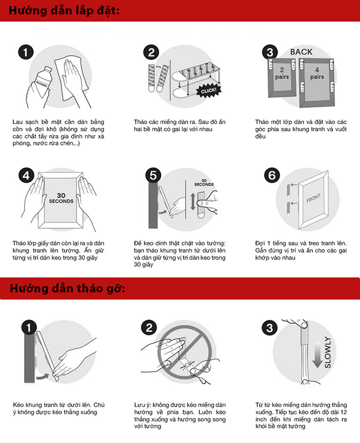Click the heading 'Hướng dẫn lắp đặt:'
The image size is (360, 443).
click(x=64, y=11)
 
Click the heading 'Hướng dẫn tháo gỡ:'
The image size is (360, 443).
click(x=67, y=289)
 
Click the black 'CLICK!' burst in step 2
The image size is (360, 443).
click(x=209, y=91)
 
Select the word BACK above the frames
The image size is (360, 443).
click(x=301, y=52)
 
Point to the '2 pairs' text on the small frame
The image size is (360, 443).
click(x=282, y=73)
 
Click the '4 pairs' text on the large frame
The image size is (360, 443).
click(x=317, y=73)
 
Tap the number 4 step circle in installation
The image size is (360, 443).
click(x=26, y=176)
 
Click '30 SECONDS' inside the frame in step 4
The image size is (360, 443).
click(x=61, y=198)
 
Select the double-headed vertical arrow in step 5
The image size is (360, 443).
click(x=193, y=202)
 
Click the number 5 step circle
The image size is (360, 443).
click(x=153, y=176)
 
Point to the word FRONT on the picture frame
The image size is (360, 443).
click(x=313, y=198)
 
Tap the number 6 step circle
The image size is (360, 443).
click(x=272, y=176)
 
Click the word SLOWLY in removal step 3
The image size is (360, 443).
click(x=327, y=352)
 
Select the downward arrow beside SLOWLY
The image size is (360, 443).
click(x=317, y=355)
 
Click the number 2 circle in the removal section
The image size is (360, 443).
click(x=149, y=328)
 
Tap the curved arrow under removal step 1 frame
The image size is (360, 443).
click(x=43, y=377)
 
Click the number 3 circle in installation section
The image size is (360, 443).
click(x=270, y=52)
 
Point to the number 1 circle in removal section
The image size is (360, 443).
click(x=29, y=328)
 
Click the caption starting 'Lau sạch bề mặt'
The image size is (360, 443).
click(x=58, y=132)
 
